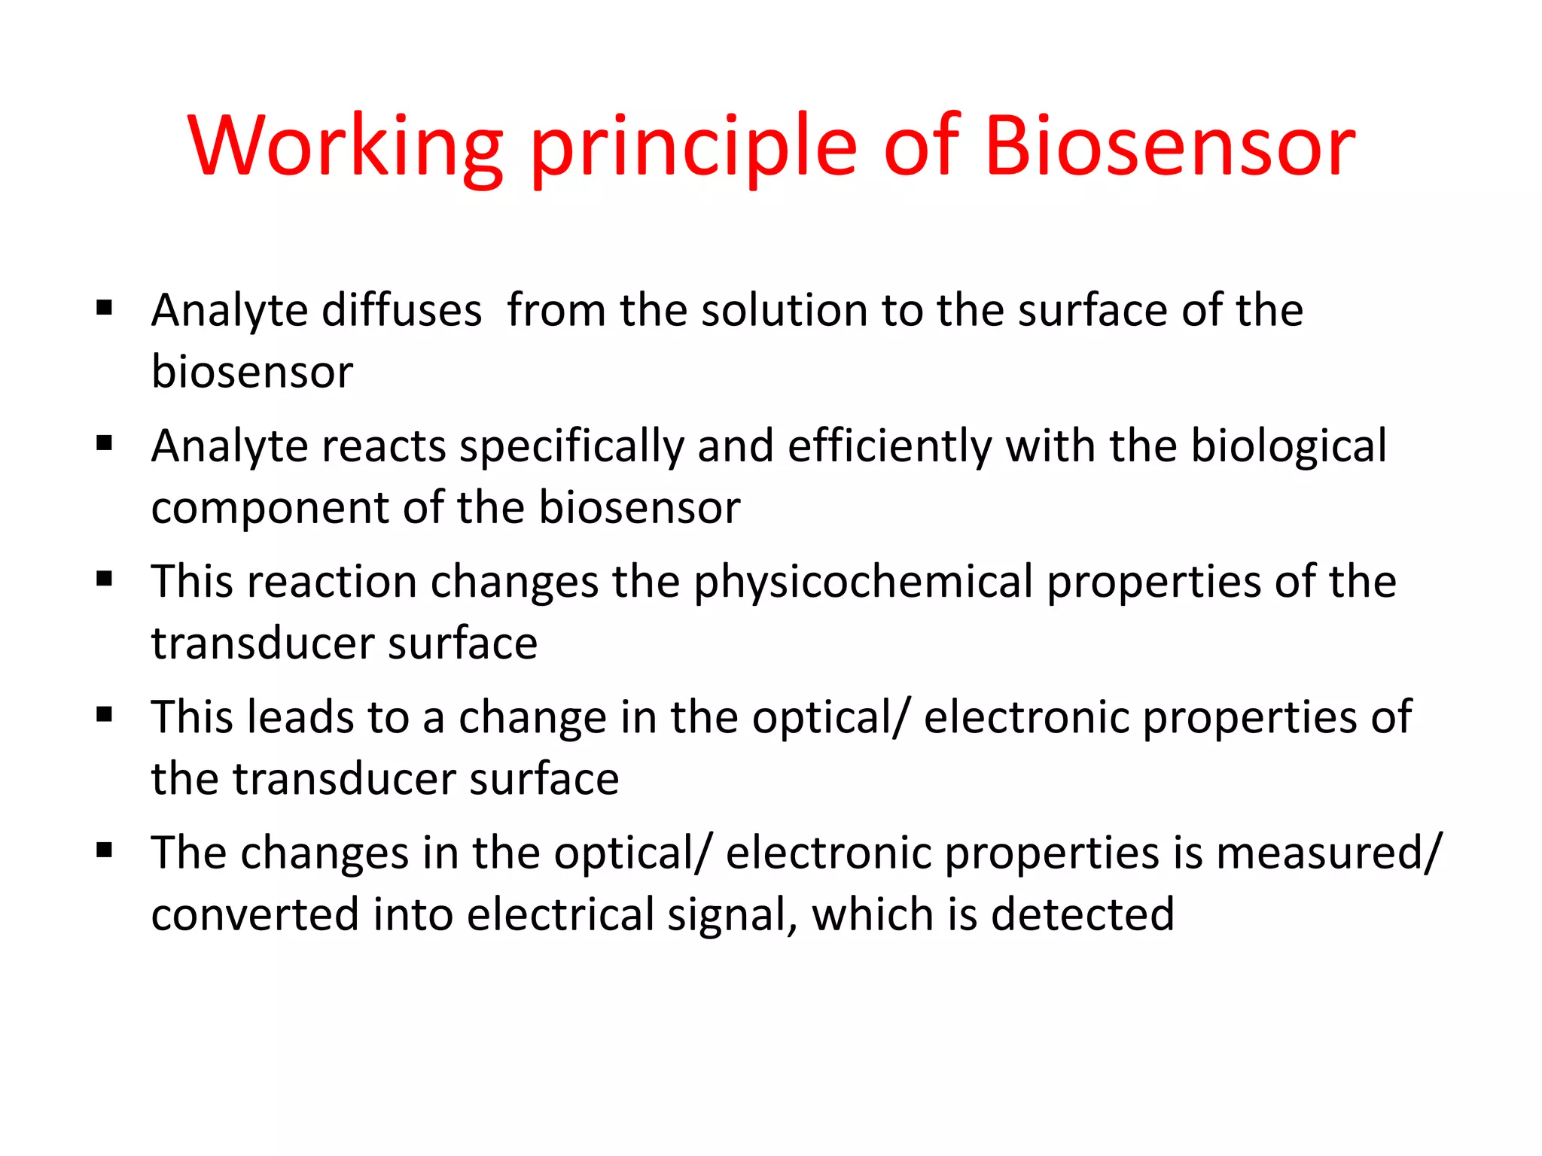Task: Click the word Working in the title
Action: point(346,147)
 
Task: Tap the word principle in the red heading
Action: point(693,147)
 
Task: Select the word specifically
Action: point(571,446)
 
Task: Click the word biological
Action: point(1288,446)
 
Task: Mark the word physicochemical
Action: point(863,583)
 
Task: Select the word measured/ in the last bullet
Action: point(1329,853)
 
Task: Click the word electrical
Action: point(560,915)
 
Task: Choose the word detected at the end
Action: point(1082,915)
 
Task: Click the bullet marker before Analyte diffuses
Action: point(105,307)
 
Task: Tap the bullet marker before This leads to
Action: point(105,714)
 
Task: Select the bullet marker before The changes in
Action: point(105,850)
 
